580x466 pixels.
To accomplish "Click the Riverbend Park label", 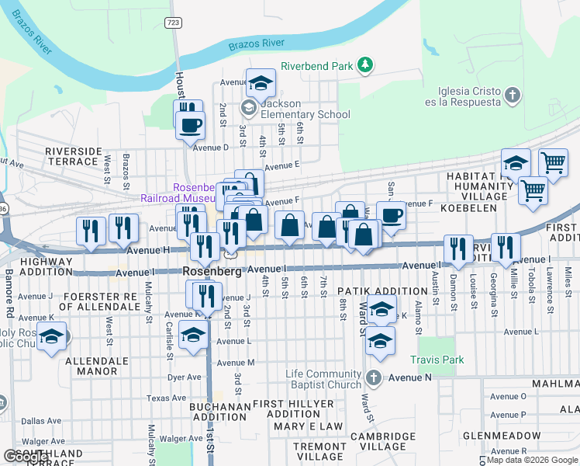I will [316, 66].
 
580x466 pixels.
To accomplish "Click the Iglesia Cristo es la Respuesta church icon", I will [511, 96].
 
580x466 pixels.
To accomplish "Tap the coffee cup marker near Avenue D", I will [190, 123].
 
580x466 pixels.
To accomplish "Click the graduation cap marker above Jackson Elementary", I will [261, 82].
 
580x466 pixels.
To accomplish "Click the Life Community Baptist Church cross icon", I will [374, 378].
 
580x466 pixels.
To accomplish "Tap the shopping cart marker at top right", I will [553, 163].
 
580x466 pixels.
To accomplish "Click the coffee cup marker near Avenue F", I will [391, 215].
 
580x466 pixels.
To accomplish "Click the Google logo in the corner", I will [26, 457].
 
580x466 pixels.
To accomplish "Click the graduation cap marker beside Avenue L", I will [193, 335].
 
